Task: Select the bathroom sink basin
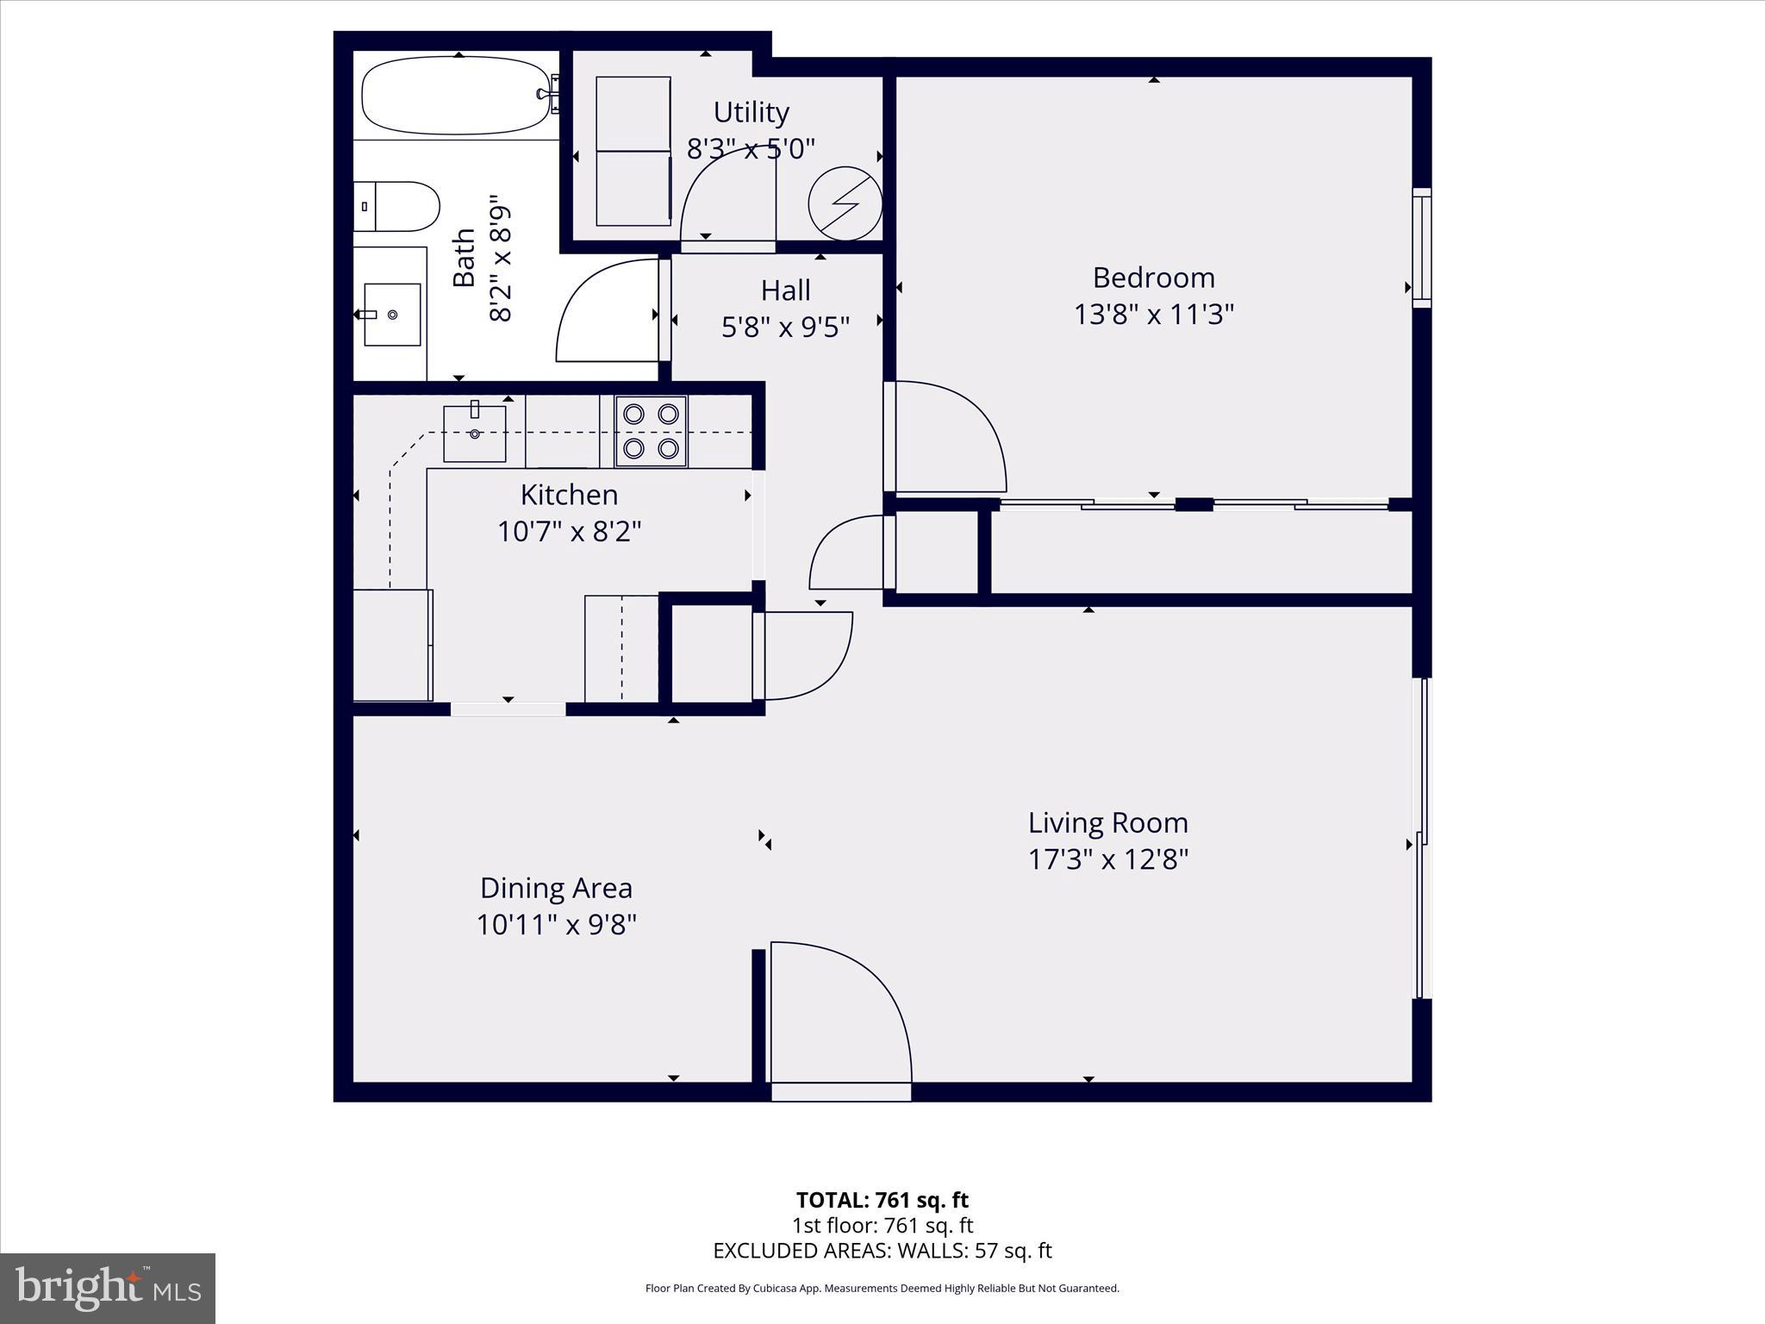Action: click(x=392, y=315)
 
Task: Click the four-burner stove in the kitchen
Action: click(x=651, y=431)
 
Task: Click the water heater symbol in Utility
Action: click(x=845, y=203)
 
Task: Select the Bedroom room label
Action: click(x=1153, y=278)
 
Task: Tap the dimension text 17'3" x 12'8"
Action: click(x=1107, y=859)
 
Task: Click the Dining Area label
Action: click(x=556, y=887)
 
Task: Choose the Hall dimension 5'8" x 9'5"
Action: click(x=785, y=327)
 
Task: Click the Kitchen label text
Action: click(x=569, y=495)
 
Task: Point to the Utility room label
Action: click(x=751, y=112)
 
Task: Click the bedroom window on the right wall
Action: click(x=1421, y=247)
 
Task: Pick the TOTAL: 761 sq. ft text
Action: click(x=882, y=1200)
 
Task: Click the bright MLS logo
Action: click(x=108, y=1288)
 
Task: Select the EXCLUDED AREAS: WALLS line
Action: click(x=882, y=1251)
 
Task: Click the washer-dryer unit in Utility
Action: click(x=633, y=152)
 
